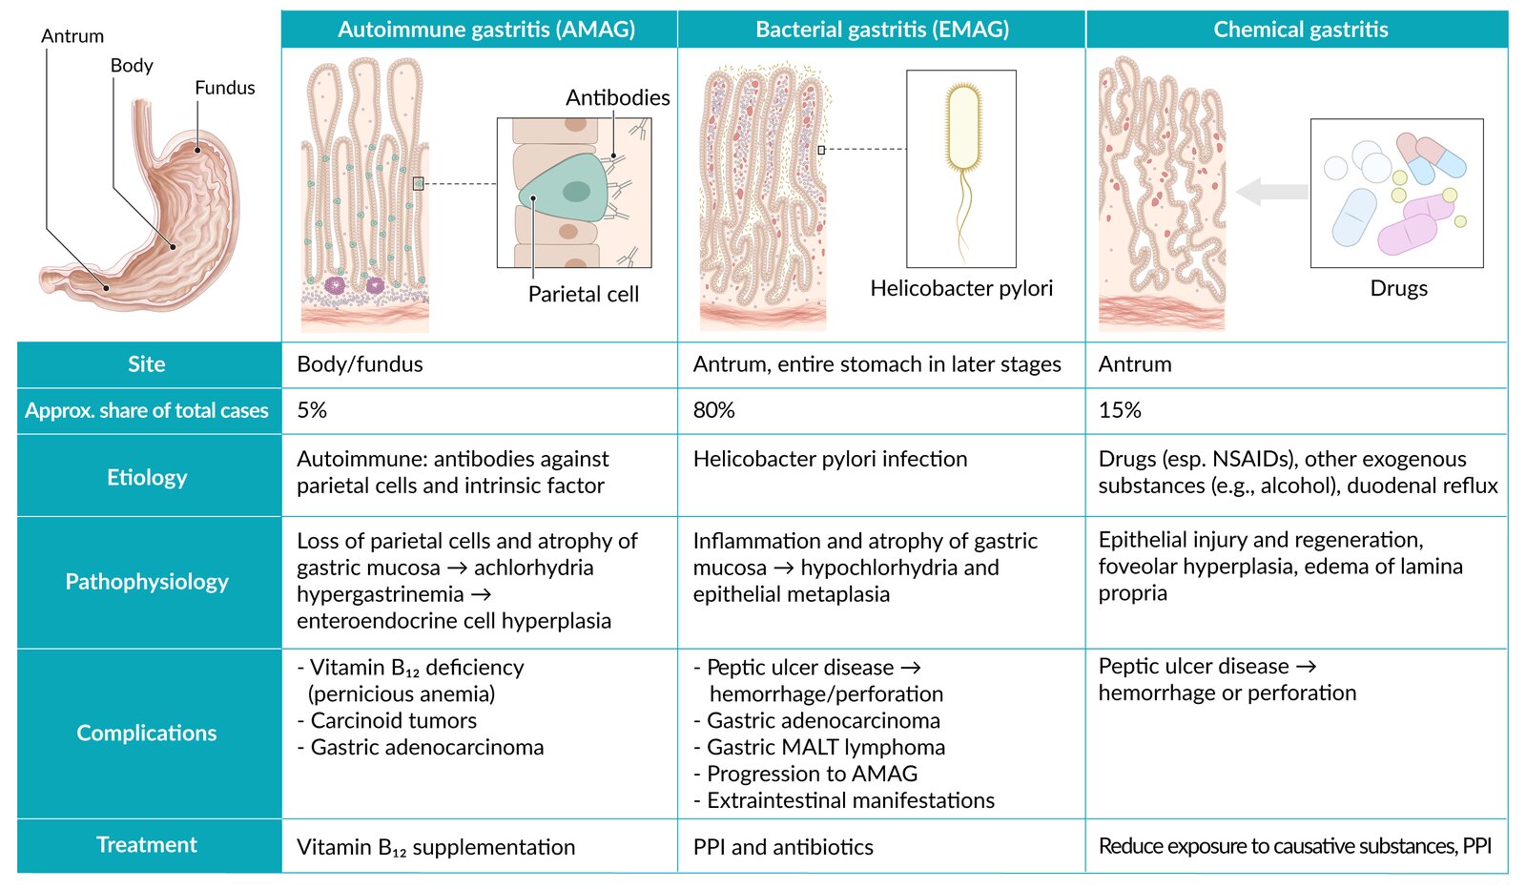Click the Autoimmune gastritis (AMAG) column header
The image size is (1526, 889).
(x=485, y=30)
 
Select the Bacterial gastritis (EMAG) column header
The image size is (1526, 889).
(x=881, y=30)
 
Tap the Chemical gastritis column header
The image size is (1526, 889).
(x=1300, y=30)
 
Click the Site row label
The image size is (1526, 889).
(x=147, y=364)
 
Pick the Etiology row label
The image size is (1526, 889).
(x=147, y=477)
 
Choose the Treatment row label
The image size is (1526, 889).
(x=147, y=845)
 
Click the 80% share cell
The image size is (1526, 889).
(x=714, y=410)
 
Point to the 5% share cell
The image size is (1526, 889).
(x=312, y=410)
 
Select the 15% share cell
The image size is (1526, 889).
(x=1120, y=410)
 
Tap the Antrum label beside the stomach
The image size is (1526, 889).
(x=72, y=36)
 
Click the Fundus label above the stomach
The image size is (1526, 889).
(x=225, y=88)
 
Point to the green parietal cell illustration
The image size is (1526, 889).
(x=567, y=190)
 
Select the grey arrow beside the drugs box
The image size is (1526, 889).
(x=1271, y=192)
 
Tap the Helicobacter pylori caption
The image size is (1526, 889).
(x=961, y=288)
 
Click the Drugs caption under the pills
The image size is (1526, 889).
(x=1398, y=288)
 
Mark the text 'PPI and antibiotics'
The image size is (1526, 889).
(x=783, y=847)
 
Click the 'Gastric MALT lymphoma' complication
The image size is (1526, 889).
(x=826, y=748)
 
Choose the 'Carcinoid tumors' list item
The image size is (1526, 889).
(x=393, y=721)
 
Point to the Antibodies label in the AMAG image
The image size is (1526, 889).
(x=617, y=97)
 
